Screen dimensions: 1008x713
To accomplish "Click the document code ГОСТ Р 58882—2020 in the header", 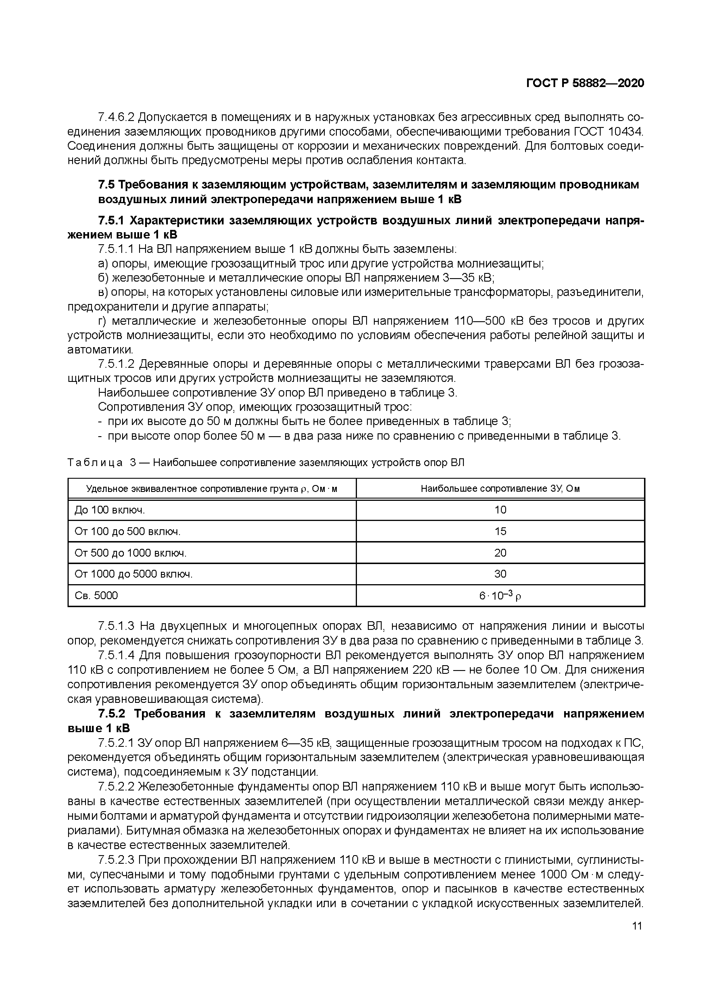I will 585,83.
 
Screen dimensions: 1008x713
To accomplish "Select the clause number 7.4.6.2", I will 116,118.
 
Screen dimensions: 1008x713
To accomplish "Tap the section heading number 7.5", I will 106,185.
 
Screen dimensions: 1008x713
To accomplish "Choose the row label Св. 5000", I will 96,596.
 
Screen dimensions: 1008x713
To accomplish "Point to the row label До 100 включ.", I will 110,510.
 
